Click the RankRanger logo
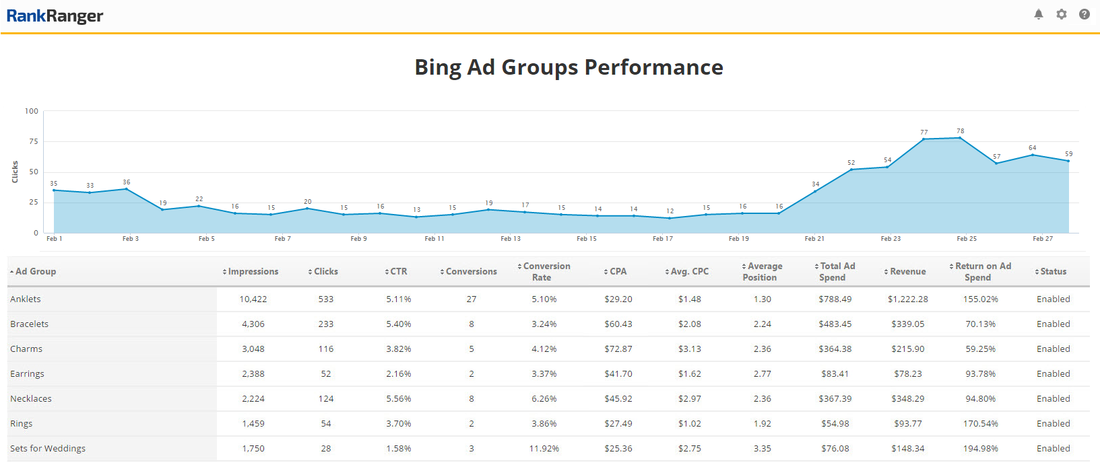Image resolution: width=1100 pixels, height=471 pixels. [x=55, y=16]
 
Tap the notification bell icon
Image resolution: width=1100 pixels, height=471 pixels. [x=1038, y=14]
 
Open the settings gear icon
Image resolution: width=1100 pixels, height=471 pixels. [x=1062, y=14]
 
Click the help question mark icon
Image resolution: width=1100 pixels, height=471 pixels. [x=1085, y=14]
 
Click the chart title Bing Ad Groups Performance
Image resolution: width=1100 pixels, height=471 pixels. [x=569, y=67]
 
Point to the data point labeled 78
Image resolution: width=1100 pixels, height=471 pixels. [x=960, y=138]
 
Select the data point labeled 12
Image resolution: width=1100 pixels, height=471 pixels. [x=670, y=218]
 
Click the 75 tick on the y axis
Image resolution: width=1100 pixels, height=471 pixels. [x=32, y=141]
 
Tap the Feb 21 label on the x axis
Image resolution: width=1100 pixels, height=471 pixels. [x=814, y=239]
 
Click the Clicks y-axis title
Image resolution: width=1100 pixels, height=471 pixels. [x=15, y=172]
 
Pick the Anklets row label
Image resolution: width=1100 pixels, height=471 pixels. [x=26, y=299]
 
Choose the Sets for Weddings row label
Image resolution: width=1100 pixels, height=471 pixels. [x=48, y=449]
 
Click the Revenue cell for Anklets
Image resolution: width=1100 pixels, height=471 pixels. [x=907, y=299]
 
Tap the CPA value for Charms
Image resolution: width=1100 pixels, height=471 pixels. [x=618, y=349]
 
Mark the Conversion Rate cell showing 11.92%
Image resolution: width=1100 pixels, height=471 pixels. [x=544, y=449]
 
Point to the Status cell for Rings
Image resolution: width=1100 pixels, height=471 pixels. [x=1053, y=424]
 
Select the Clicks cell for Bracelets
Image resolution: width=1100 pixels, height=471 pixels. [x=325, y=324]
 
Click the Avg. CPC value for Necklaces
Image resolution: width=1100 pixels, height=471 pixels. [x=689, y=399]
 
